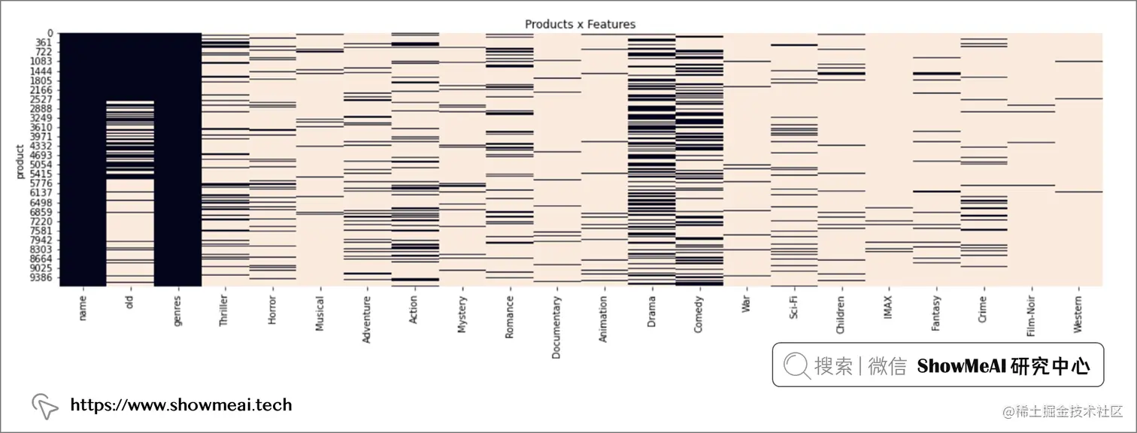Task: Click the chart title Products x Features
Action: (580, 24)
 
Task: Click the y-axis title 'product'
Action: (20, 161)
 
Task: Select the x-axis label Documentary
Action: (556, 327)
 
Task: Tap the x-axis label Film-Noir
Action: (1031, 316)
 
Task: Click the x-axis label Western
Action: (1078, 313)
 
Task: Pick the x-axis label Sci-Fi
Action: (794, 307)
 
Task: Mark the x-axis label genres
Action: (177, 309)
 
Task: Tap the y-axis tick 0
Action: (50, 33)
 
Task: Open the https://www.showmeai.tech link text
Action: (180, 405)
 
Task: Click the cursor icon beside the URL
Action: (45, 406)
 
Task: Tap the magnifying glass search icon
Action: (796, 365)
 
